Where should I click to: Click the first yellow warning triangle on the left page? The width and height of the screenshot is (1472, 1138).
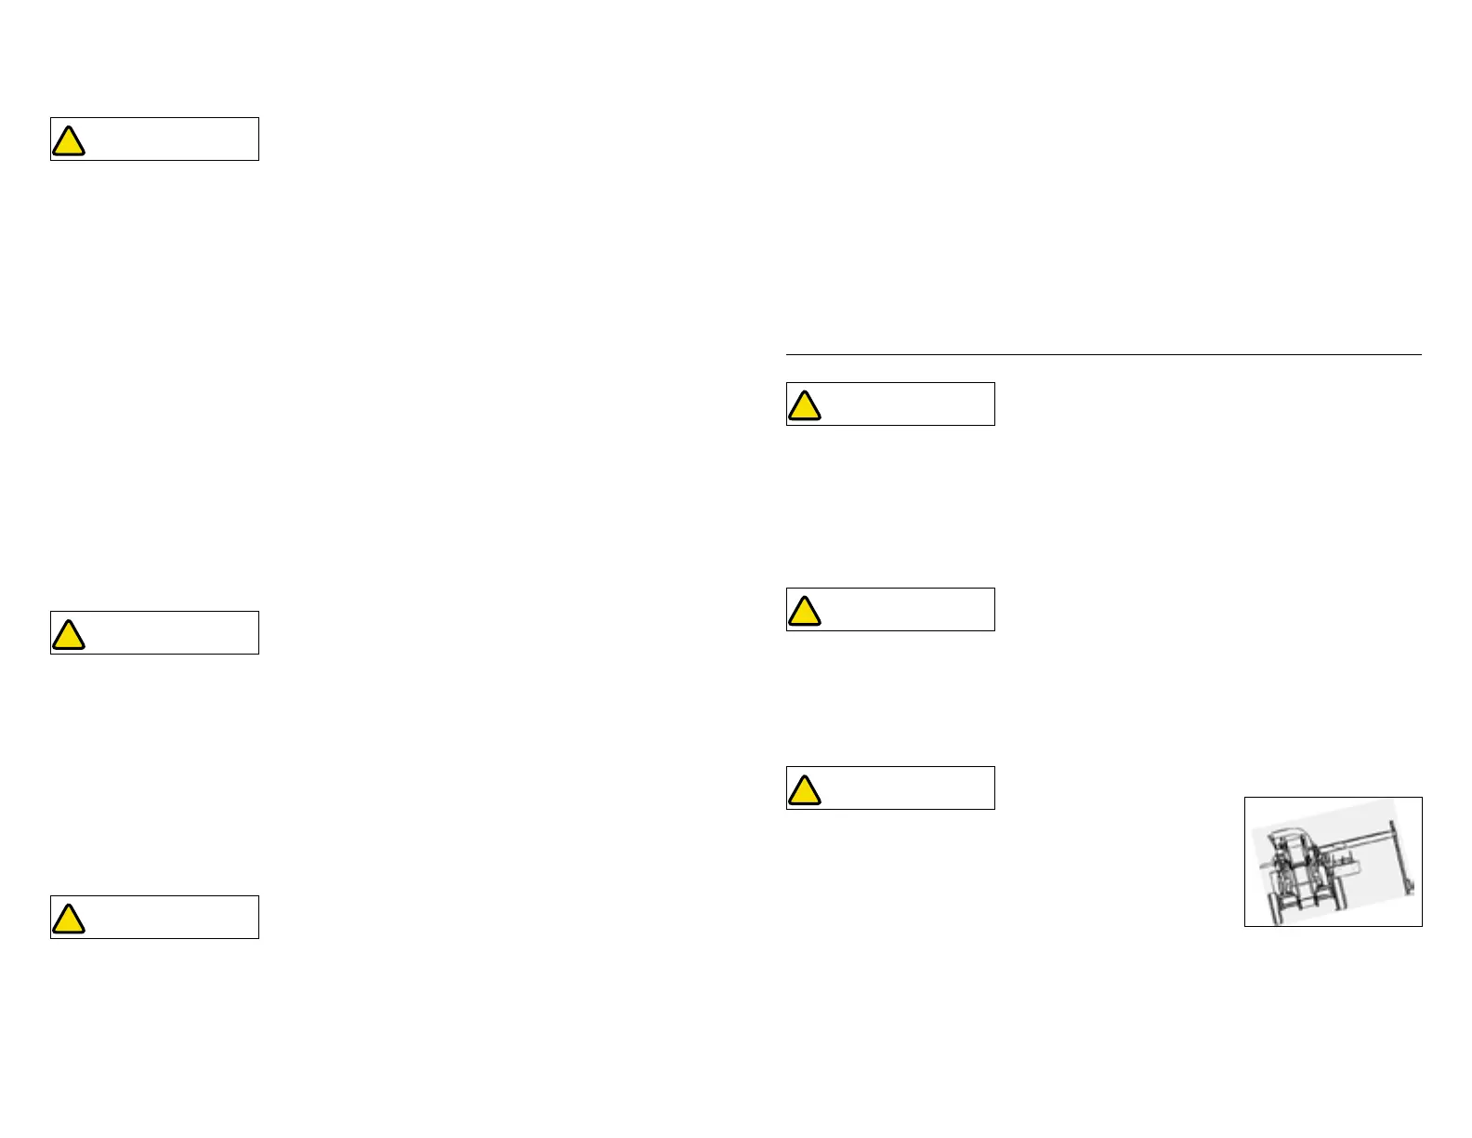click(69, 141)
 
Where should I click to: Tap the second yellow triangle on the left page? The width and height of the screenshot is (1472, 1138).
click(69, 635)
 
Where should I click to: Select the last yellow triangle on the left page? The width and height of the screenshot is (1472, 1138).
click(69, 920)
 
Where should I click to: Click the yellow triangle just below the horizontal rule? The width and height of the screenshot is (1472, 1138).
click(805, 406)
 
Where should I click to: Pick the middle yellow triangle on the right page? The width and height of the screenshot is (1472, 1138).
click(805, 612)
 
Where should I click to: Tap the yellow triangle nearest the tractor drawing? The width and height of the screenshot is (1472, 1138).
click(805, 790)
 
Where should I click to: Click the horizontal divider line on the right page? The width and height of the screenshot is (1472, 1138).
click(1104, 354)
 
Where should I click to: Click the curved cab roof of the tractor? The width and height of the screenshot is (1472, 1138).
click(1286, 832)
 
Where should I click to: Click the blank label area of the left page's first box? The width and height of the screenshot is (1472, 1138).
click(172, 139)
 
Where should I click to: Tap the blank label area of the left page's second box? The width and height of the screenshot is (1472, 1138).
click(172, 633)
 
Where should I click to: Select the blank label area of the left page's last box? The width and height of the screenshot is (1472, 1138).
click(172, 918)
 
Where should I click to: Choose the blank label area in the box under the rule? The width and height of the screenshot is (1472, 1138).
click(908, 404)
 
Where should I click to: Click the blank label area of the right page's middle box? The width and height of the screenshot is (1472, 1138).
click(908, 610)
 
